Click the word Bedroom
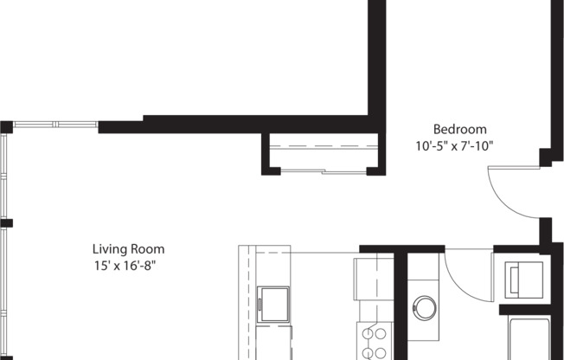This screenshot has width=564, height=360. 453,129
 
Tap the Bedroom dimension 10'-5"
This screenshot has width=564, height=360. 433,146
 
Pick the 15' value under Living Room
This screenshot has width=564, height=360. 102,266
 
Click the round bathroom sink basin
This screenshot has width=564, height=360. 424,306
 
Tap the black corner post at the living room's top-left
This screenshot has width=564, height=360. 6,127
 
